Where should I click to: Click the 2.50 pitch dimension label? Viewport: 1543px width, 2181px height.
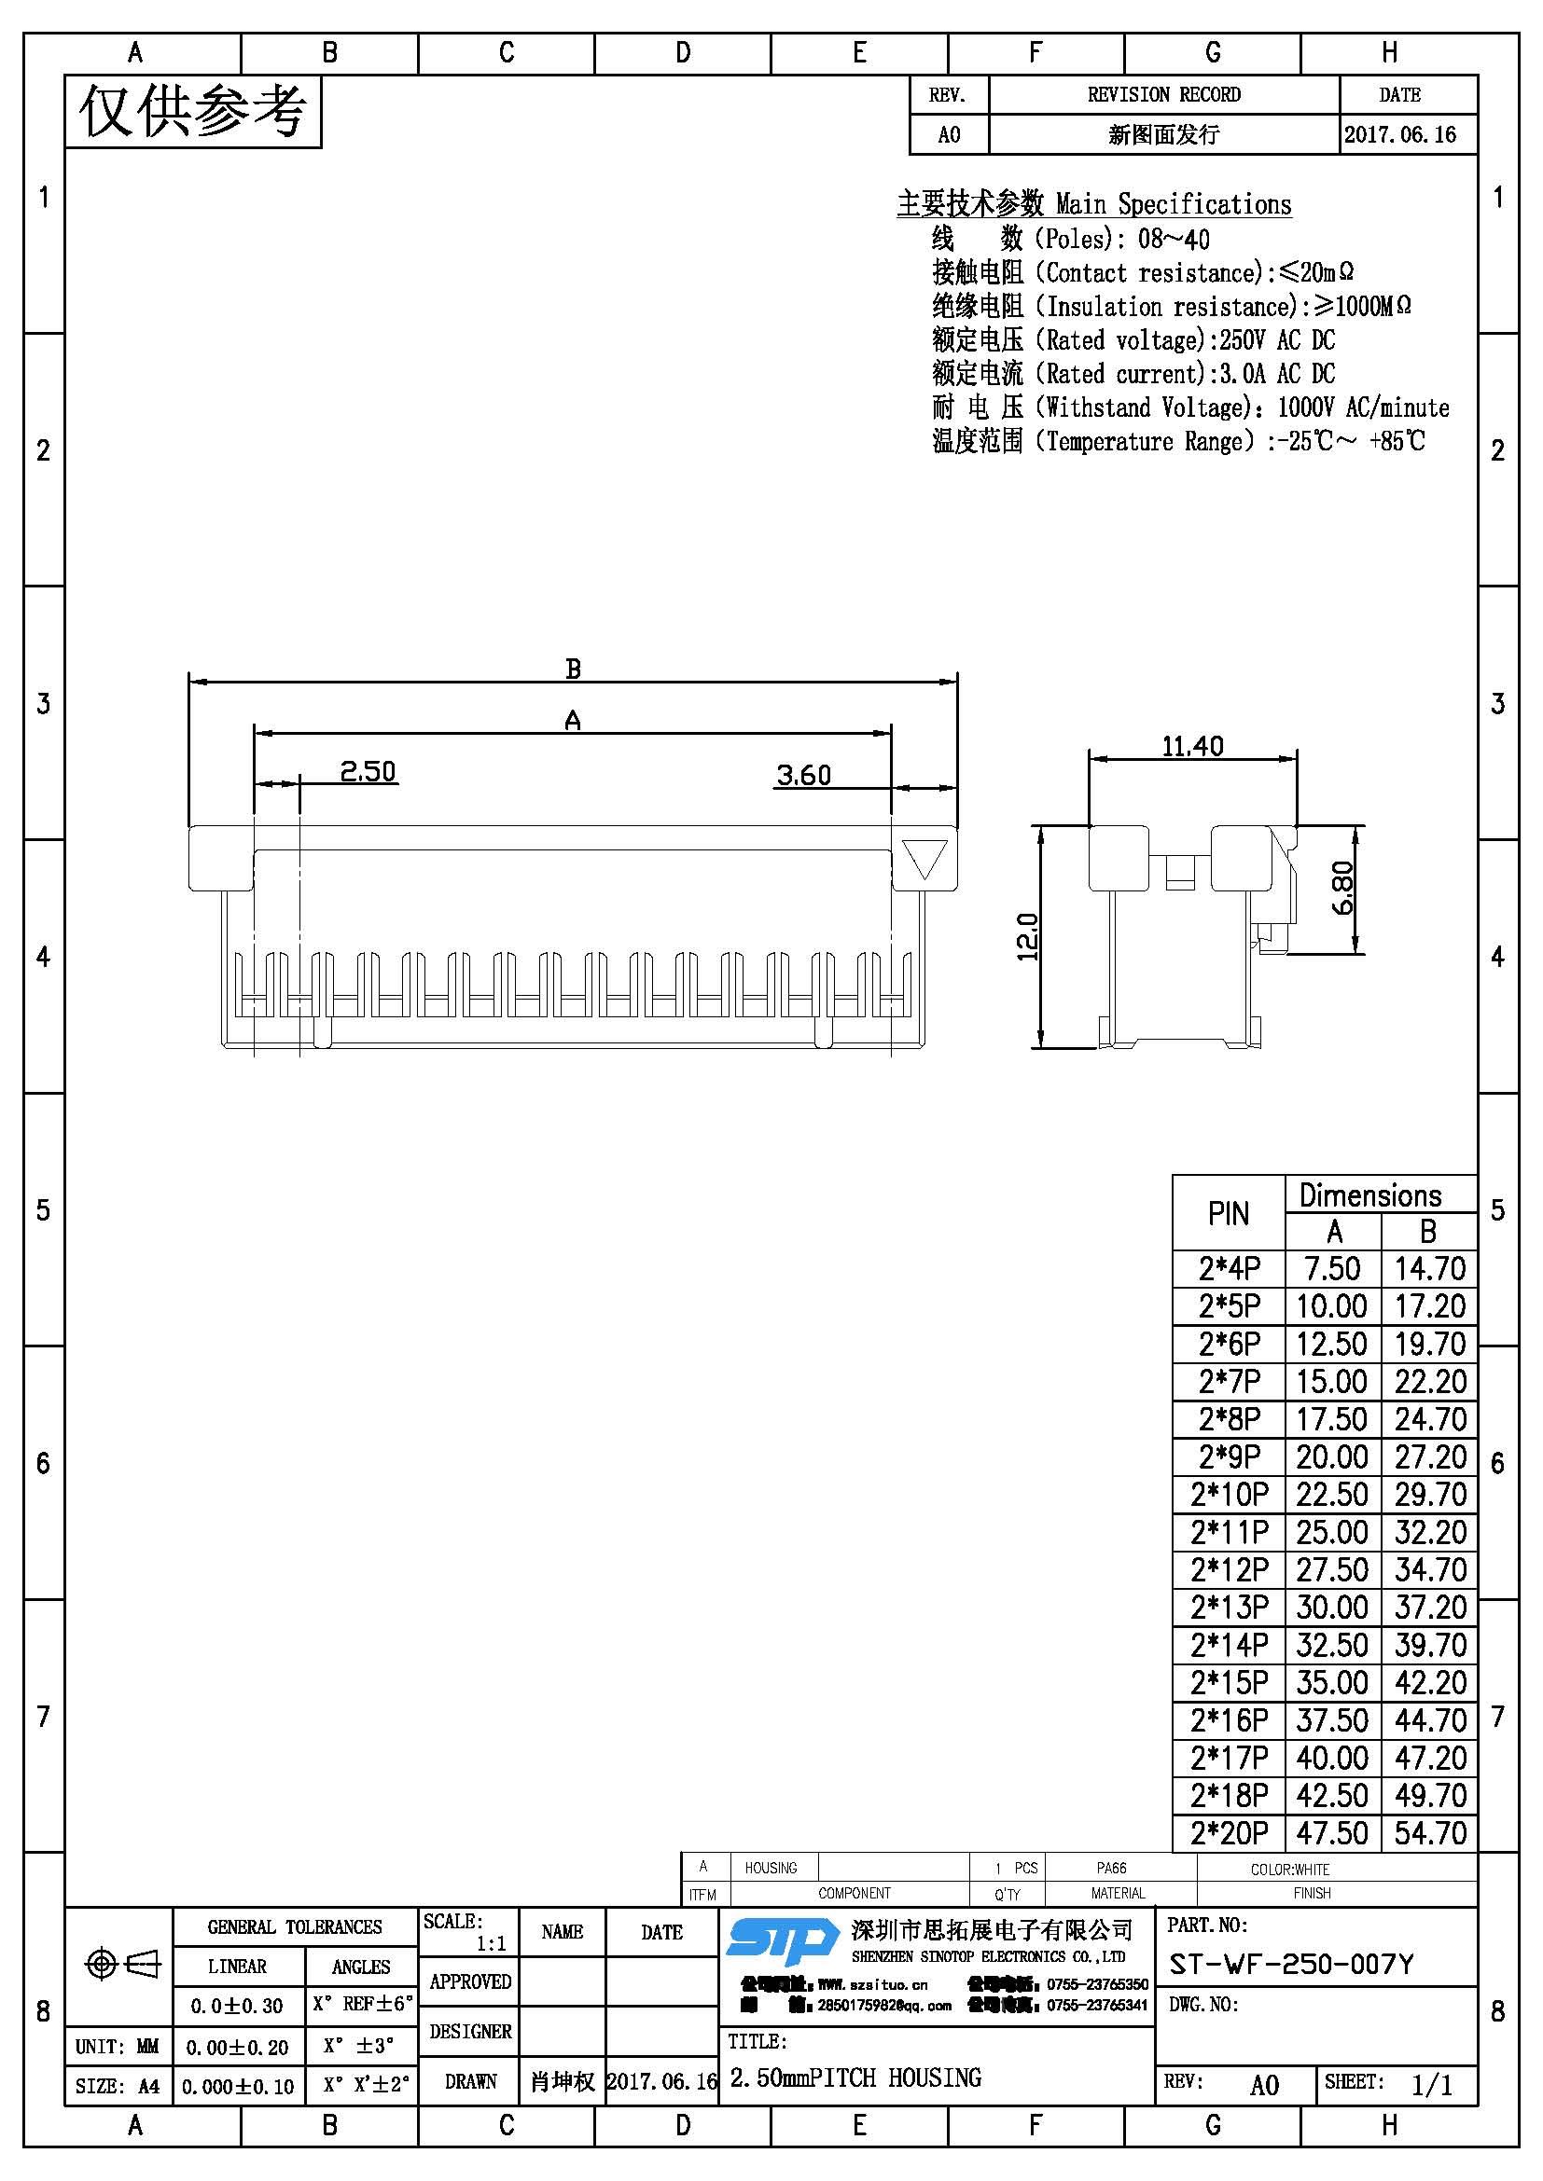coord(368,771)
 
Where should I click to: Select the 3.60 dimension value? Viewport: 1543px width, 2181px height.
coord(804,776)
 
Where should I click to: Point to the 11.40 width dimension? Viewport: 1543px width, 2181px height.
coord(1192,747)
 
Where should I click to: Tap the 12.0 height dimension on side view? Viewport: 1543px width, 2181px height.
coord(1028,936)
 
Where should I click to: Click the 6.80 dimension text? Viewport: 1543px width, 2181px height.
coord(1342,889)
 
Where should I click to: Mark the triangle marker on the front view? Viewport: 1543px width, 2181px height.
coord(924,859)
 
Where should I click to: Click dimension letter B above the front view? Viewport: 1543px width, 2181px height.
coord(573,669)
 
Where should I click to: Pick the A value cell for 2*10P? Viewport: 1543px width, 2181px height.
coord(1332,1495)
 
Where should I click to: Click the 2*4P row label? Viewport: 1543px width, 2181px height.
coord(1229,1269)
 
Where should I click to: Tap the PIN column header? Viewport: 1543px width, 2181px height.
coord(1229,1213)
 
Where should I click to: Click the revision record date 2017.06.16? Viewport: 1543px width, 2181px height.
coord(1399,135)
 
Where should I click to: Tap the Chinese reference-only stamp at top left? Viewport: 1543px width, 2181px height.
coord(193,112)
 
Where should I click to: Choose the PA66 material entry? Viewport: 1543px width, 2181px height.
coord(1111,1868)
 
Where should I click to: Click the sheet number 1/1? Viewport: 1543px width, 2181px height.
coord(1432,2085)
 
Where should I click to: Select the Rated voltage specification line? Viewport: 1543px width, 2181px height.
coord(1133,340)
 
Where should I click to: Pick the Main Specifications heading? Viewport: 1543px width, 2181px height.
coord(1093,204)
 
